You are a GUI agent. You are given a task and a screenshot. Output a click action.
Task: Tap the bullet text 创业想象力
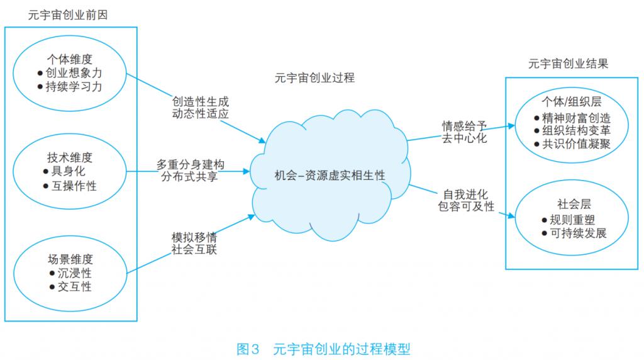pyautogui.click(x=74, y=73)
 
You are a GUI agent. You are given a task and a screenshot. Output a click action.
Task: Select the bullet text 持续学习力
pyautogui.click(x=74, y=87)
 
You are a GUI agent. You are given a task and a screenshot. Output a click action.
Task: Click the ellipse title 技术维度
pyautogui.click(x=69, y=157)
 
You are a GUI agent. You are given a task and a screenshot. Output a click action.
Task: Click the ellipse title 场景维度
pyautogui.click(x=69, y=258)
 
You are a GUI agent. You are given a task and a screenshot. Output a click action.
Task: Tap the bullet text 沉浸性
pyautogui.click(x=69, y=273)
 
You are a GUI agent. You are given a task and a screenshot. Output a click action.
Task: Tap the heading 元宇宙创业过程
pyautogui.click(x=314, y=78)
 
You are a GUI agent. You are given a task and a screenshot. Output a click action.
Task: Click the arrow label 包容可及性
pyautogui.click(x=466, y=206)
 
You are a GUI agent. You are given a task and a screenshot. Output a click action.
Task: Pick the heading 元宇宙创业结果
pyautogui.click(x=568, y=64)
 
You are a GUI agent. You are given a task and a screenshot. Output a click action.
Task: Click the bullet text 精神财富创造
pyautogui.click(x=576, y=117)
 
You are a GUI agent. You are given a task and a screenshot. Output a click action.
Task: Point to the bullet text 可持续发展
pyautogui.click(x=576, y=233)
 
